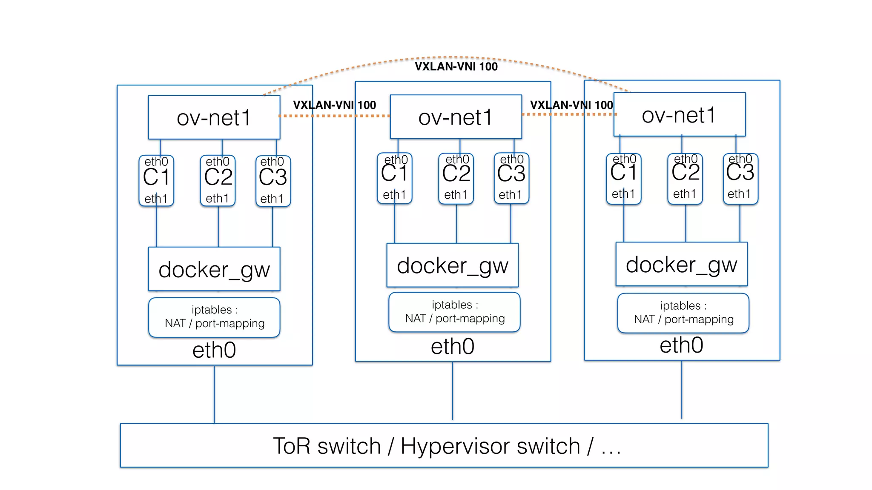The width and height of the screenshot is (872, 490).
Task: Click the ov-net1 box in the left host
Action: [x=214, y=117]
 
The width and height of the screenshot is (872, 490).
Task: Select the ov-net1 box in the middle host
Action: [x=456, y=117]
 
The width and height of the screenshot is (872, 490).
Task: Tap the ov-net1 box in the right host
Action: [x=679, y=115]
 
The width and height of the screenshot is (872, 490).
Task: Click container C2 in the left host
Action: [x=218, y=179]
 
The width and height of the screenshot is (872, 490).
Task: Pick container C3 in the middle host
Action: [x=511, y=177]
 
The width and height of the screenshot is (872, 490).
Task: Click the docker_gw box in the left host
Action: [x=214, y=269]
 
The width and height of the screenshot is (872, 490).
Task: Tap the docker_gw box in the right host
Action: [x=681, y=265]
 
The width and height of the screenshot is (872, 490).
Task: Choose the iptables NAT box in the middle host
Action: [x=454, y=312]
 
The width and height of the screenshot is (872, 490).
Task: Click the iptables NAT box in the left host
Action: [x=214, y=317]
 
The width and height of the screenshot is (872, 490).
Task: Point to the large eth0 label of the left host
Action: [x=214, y=350]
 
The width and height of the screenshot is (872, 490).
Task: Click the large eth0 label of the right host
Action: [x=681, y=345]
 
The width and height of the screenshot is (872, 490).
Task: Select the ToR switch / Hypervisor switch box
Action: [x=444, y=445]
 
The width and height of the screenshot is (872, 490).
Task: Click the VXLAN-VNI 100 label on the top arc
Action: [x=456, y=67]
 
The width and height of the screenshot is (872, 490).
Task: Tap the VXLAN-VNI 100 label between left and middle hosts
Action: [x=334, y=105]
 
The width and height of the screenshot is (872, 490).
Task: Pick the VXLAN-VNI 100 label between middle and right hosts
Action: [x=571, y=105]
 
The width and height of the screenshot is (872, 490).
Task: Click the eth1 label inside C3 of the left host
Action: [x=272, y=199]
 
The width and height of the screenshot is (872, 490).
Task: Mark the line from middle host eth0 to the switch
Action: [x=453, y=391]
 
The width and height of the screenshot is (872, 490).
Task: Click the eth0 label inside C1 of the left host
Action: [x=156, y=162]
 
